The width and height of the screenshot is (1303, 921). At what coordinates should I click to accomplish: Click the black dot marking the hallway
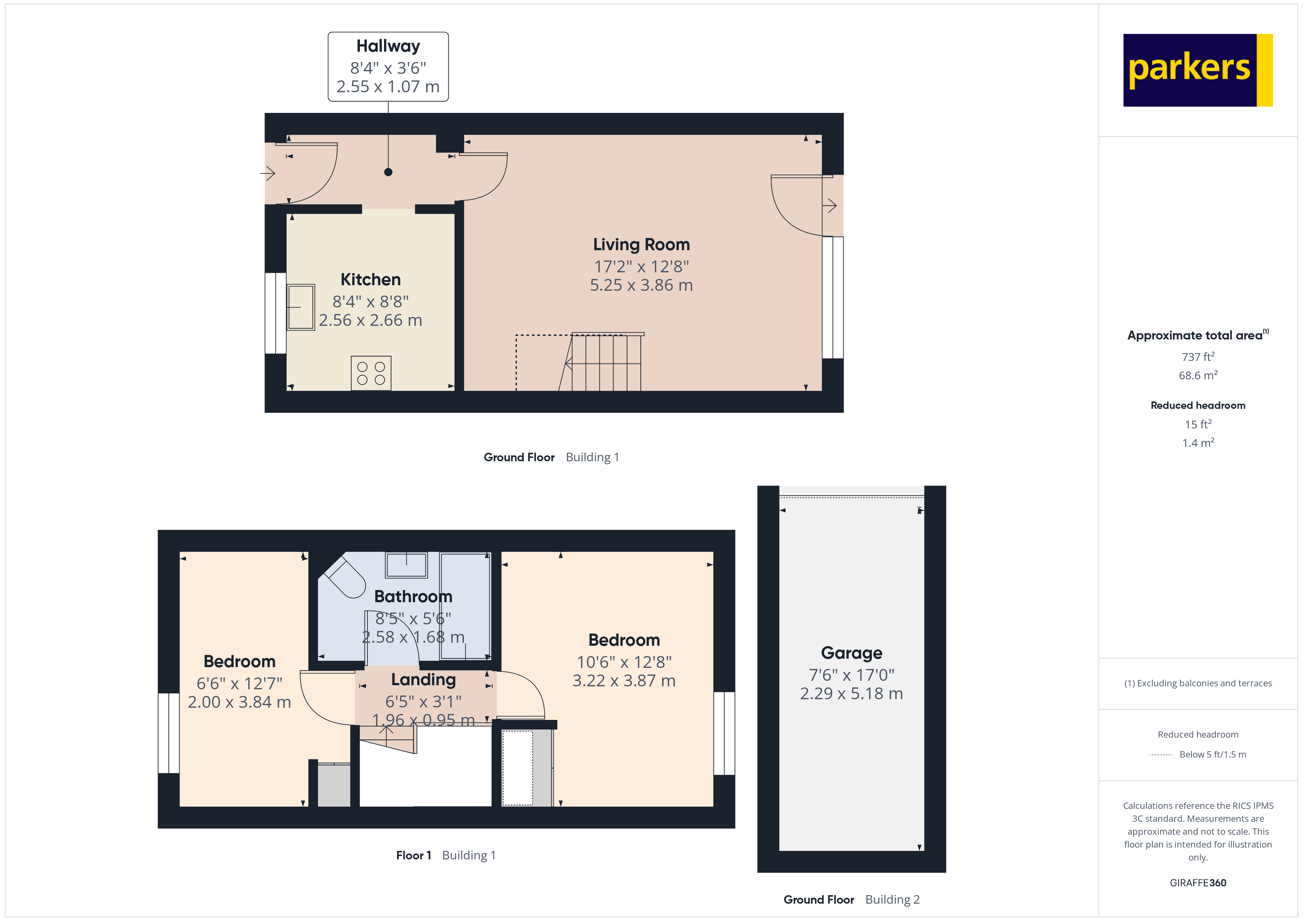388,172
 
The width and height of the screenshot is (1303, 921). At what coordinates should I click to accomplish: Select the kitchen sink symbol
300,307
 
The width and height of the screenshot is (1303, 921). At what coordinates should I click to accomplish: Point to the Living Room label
641,244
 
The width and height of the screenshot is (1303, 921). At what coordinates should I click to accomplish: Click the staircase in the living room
604,363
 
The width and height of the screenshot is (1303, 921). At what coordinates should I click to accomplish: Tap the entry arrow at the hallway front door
268,173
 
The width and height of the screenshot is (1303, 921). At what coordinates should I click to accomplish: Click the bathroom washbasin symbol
406,564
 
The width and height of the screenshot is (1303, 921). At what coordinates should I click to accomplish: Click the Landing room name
423,679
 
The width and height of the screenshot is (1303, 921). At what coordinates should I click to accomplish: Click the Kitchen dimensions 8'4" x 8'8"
370,301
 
